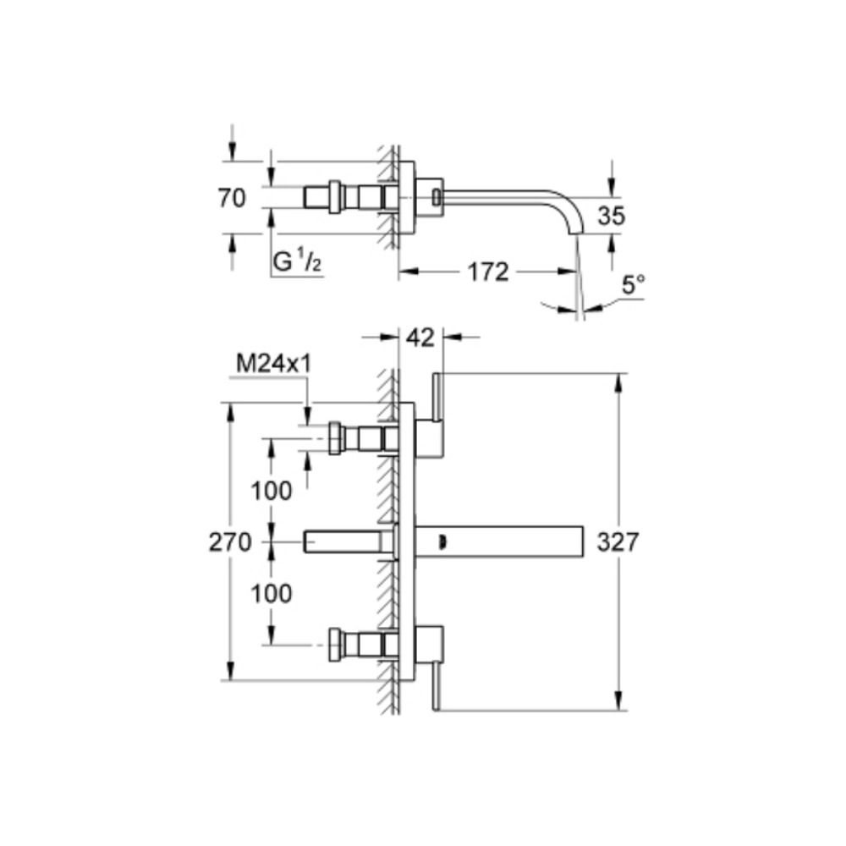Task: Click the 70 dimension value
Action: click(231, 199)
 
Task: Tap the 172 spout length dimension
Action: click(489, 272)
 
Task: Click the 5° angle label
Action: click(633, 285)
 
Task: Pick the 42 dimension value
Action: click(420, 338)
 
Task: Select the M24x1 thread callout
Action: click(274, 364)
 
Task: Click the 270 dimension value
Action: click(230, 541)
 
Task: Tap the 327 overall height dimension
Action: click(618, 541)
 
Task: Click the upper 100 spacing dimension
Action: click(272, 490)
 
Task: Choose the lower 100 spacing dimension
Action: click(272, 593)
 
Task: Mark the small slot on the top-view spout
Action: click(436, 197)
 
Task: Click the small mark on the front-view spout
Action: click(445, 539)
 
